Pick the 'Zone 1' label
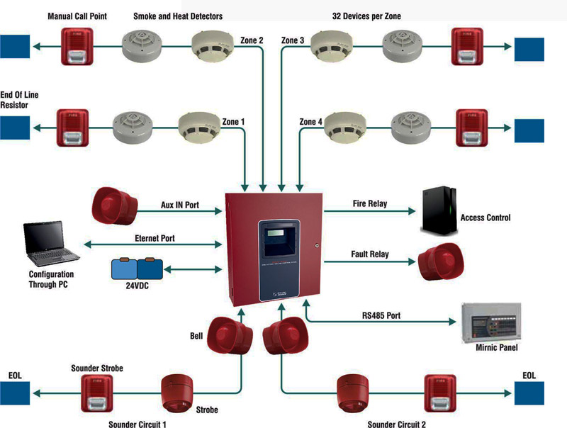pos(233,122)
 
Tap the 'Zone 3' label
pos(293,40)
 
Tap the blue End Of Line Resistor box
pos(15,128)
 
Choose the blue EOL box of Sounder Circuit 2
pos(529,393)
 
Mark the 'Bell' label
pos(196,334)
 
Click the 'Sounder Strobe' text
pos(98,368)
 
